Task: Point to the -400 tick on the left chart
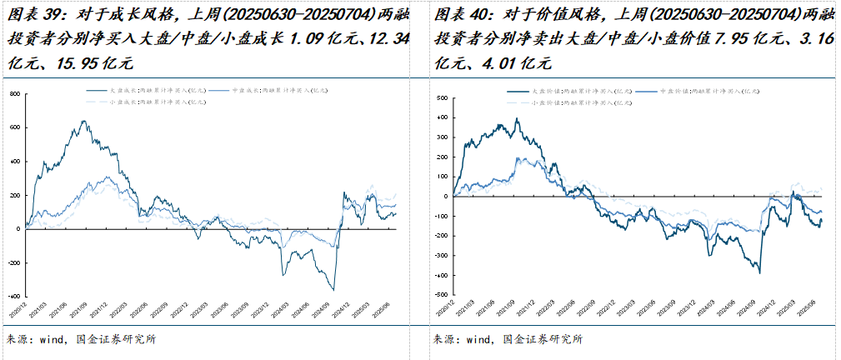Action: click(13, 296)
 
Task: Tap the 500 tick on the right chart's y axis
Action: click(443, 97)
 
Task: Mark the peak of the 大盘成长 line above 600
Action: click(83, 121)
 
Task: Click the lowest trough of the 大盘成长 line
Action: click(333, 290)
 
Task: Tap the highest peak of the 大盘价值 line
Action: click(518, 118)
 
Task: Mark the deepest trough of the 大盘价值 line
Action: click(759, 272)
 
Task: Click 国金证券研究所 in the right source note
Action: click(543, 340)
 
